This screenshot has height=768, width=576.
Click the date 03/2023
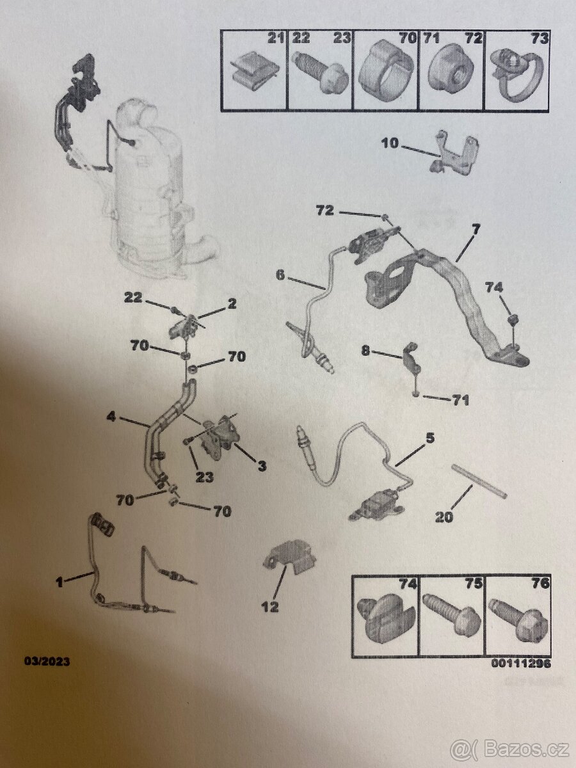tap(47, 661)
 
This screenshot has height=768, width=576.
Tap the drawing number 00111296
tap(521, 664)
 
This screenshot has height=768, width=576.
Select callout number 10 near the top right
tap(390, 143)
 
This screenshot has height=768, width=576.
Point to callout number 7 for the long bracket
tap(476, 230)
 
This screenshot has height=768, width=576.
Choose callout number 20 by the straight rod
tap(444, 516)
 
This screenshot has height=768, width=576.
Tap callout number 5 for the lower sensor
tap(430, 438)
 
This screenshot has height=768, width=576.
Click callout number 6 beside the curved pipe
tap(280, 275)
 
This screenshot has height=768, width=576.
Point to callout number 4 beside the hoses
tap(111, 417)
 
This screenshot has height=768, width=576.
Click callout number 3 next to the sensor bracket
tap(262, 467)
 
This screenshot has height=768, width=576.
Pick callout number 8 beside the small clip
tap(365, 350)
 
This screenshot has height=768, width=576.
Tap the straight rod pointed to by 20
tap(479, 481)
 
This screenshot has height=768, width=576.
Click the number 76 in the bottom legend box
tap(541, 583)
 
